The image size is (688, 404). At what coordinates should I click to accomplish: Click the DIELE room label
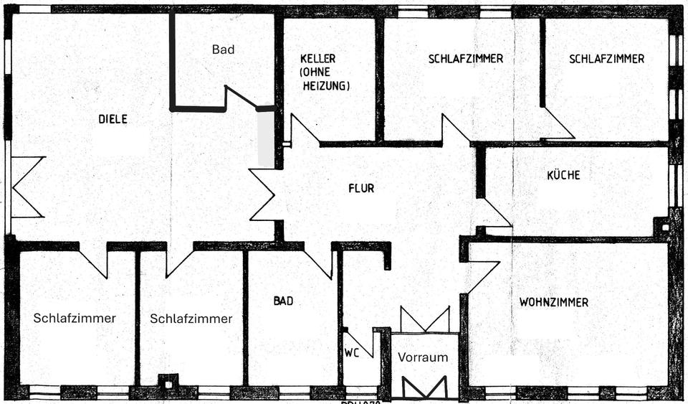(113, 120)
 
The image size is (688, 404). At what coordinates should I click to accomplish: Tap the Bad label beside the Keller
(223, 50)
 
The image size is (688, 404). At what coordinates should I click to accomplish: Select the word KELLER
(317, 59)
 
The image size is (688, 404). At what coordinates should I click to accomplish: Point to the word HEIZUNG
(325, 85)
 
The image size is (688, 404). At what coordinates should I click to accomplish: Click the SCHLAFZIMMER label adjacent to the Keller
(466, 59)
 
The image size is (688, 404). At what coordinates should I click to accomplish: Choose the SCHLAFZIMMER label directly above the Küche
(606, 59)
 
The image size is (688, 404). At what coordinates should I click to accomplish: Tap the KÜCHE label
(563, 175)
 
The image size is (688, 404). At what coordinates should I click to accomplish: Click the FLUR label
(361, 189)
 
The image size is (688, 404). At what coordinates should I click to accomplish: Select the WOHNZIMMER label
(553, 302)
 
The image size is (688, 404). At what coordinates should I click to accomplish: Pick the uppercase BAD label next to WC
(283, 301)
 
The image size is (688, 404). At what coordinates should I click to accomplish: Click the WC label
(351, 353)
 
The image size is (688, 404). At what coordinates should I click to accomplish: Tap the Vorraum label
(423, 357)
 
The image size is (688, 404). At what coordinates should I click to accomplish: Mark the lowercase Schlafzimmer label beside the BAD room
(191, 319)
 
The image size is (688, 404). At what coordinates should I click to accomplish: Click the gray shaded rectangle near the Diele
(266, 139)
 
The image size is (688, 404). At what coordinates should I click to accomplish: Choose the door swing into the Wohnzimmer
(482, 276)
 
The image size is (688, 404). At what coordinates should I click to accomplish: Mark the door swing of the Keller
(303, 131)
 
